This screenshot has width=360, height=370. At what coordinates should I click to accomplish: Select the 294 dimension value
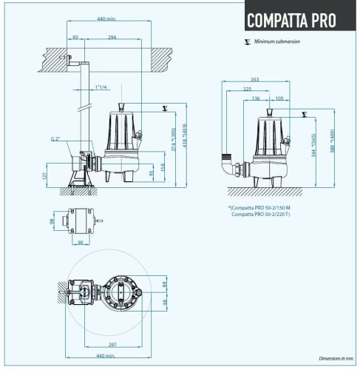coord(112,36)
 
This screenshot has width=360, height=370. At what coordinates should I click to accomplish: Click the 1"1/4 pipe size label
coord(101,88)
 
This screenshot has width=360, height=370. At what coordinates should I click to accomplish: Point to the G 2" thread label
coord(56,138)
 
